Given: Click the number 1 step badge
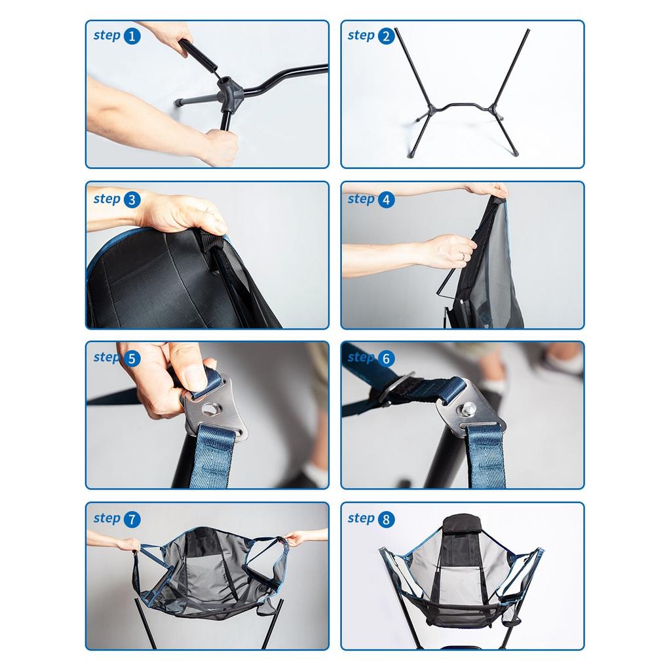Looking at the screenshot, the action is pyautogui.click(x=132, y=36).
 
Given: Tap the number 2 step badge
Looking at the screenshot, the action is pyautogui.click(x=386, y=36).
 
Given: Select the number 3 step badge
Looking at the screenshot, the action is pyautogui.click(x=132, y=200).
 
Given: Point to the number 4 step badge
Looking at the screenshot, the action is pyautogui.click(x=386, y=200).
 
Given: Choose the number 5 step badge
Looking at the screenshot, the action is pyautogui.click(x=132, y=358).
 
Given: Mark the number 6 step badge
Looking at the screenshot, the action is pyautogui.click(x=386, y=358).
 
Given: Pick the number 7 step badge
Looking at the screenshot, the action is pyautogui.click(x=132, y=520).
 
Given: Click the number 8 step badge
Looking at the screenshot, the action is pyautogui.click(x=386, y=520).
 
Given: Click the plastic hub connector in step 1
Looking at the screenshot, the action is pyautogui.click(x=229, y=90).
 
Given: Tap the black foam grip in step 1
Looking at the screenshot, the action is pyautogui.click(x=197, y=56).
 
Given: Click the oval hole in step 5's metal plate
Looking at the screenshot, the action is pyautogui.click(x=210, y=408).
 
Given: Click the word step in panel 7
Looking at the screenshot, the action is pyautogui.click(x=107, y=519).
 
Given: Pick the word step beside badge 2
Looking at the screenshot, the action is pyautogui.click(x=361, y=35).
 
